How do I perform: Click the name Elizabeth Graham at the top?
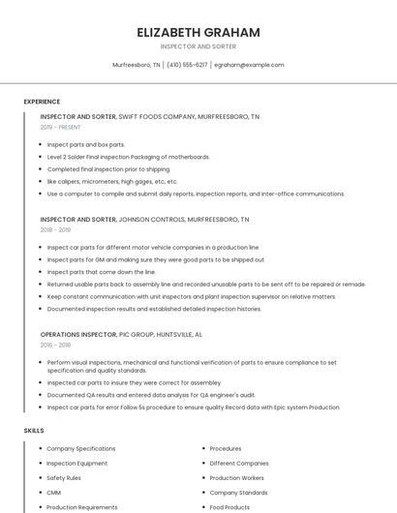pyautogui.click(x=198, y=32)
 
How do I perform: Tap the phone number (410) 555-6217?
pyautogui.click(x=187, y=65)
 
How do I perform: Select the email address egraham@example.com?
pyautogui.click(x=249, y=65)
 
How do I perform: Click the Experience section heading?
pyautogui.click(x=42, y=102)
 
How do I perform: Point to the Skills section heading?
pyautogui.click(x=34, y=430)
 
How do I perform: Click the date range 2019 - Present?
pyautogui.click(x=60, y=127)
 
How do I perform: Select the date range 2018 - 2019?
pyautogui.click(x=55, y=230)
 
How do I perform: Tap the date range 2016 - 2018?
pyautogui.click(x=55, y=345)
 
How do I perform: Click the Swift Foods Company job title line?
pyautogui.click(x=149, y=116)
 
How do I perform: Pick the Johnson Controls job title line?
pyautogui.click(x=144, y=220)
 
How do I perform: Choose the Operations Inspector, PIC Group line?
pyautogui.click(x=121, y=334)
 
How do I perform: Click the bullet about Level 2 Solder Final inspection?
pyautogui.click(x=128, y=157)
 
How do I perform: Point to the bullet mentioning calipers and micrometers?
pyautogui.click(x=112, y=181)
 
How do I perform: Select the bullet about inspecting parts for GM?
pyautogui.click(x=155, y=259)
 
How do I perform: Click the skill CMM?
pyautogui.click(x=55, y=493)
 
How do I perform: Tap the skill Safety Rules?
pyautogui.click(x=64, y=478)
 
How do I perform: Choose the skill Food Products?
pyautogui.click(x=229, y=507)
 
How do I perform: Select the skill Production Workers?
pyautogui.click(x=236, y=478)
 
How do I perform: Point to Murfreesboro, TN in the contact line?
pyautogui.click(x=137, y=65)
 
